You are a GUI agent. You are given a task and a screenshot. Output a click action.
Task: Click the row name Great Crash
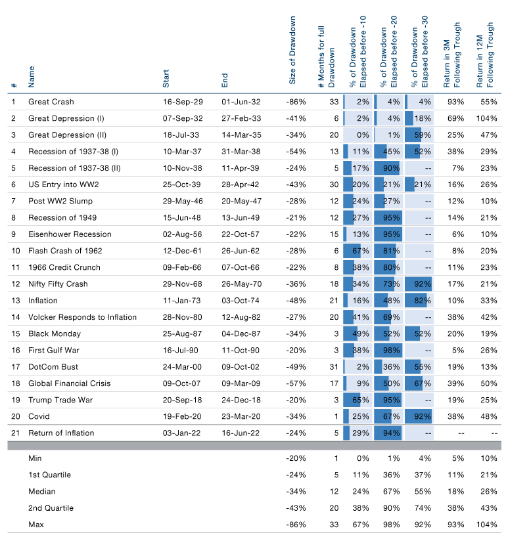coord(51,102)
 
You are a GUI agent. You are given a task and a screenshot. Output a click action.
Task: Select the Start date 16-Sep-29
coord(183,102)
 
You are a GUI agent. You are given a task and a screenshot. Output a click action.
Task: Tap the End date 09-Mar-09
coord(241,383)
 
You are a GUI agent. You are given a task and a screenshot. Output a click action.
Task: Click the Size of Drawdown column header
coord(292,50)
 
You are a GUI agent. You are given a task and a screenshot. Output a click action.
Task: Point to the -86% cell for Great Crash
coord(296,102)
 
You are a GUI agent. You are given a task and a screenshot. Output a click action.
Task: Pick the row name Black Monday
coord(55,334)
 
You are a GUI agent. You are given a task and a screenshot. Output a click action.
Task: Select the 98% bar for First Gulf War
coord(388,351)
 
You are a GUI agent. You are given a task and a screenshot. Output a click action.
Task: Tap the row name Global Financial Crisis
coord(70,383)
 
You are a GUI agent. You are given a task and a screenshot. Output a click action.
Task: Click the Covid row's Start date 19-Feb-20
coord(182,417)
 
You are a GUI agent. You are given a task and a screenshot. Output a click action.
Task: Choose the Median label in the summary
coord(41,492)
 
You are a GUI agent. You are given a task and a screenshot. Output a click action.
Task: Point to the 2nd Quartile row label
coord(51,508)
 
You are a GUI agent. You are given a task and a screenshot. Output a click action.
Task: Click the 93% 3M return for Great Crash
coord(455,102)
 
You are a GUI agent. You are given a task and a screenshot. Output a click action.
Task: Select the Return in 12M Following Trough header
coord(485,55)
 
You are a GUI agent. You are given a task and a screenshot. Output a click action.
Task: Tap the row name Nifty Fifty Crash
coord(58,284)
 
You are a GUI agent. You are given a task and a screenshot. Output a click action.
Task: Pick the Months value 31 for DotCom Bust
coord(334,367)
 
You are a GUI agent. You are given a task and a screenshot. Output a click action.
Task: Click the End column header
coord(225,81)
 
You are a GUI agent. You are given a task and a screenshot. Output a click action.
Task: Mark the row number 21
coord(16,433)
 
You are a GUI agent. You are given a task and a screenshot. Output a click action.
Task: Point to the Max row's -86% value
coord(296,525)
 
